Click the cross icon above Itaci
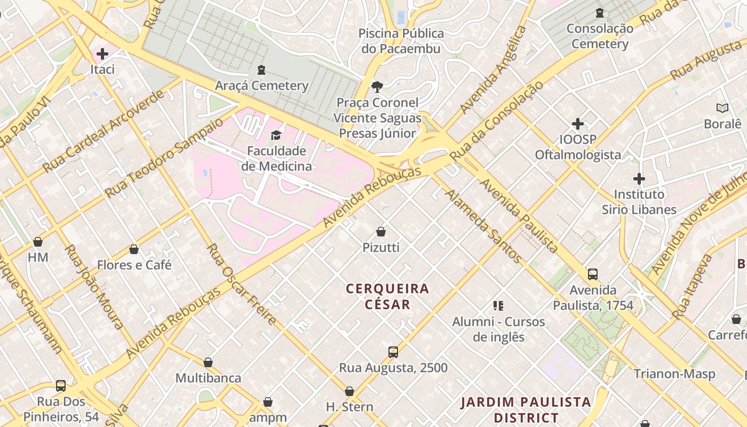[102, 54]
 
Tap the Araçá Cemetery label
[261, 85]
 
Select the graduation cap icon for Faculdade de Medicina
[276, 135]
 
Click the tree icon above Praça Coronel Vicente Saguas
[377, 86]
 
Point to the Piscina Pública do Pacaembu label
[401, 41]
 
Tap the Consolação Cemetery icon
[600, 12]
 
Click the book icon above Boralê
[722, 108]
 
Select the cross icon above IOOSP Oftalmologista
[578, 124]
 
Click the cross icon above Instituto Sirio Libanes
[639, 178]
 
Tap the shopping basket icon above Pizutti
[381, 232]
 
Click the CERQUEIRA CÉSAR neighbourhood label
[387, 296]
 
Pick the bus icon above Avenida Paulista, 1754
[593, 274]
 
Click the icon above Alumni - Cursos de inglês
[498, 306]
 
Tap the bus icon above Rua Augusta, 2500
[393, 352]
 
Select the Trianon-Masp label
[674, 374]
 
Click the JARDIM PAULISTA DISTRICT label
[526, 409]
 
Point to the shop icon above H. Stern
[349, 391]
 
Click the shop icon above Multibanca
[208, 362]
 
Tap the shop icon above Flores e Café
[134, 249]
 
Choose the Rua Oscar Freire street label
[242, 284]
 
